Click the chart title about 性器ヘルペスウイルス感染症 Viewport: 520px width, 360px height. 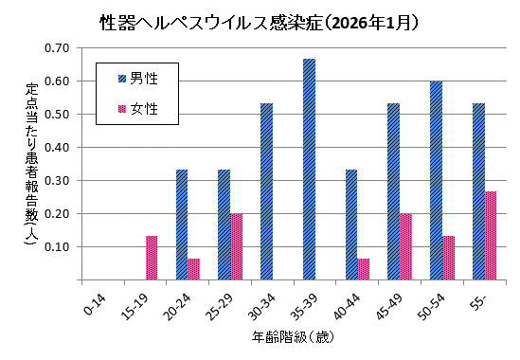[x=260, y=20]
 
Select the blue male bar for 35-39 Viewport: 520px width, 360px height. [x=309, y=170]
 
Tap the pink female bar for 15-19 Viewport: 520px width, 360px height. [x=152, y=258]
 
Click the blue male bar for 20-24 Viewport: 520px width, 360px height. [x=182, y=225]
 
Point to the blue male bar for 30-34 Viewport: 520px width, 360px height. [x=266, y=191]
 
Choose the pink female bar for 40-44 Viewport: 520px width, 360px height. [x=364, y=269]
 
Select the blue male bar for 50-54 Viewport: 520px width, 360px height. [x=436, y=180]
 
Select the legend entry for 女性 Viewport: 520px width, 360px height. [x=143, y=109]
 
